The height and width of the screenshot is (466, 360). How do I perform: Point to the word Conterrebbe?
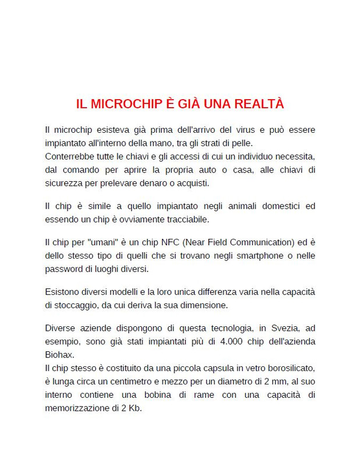click(70, 156)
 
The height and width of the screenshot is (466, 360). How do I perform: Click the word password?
click(65, 270)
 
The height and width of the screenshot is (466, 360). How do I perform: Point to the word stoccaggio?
click(79, 305)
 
